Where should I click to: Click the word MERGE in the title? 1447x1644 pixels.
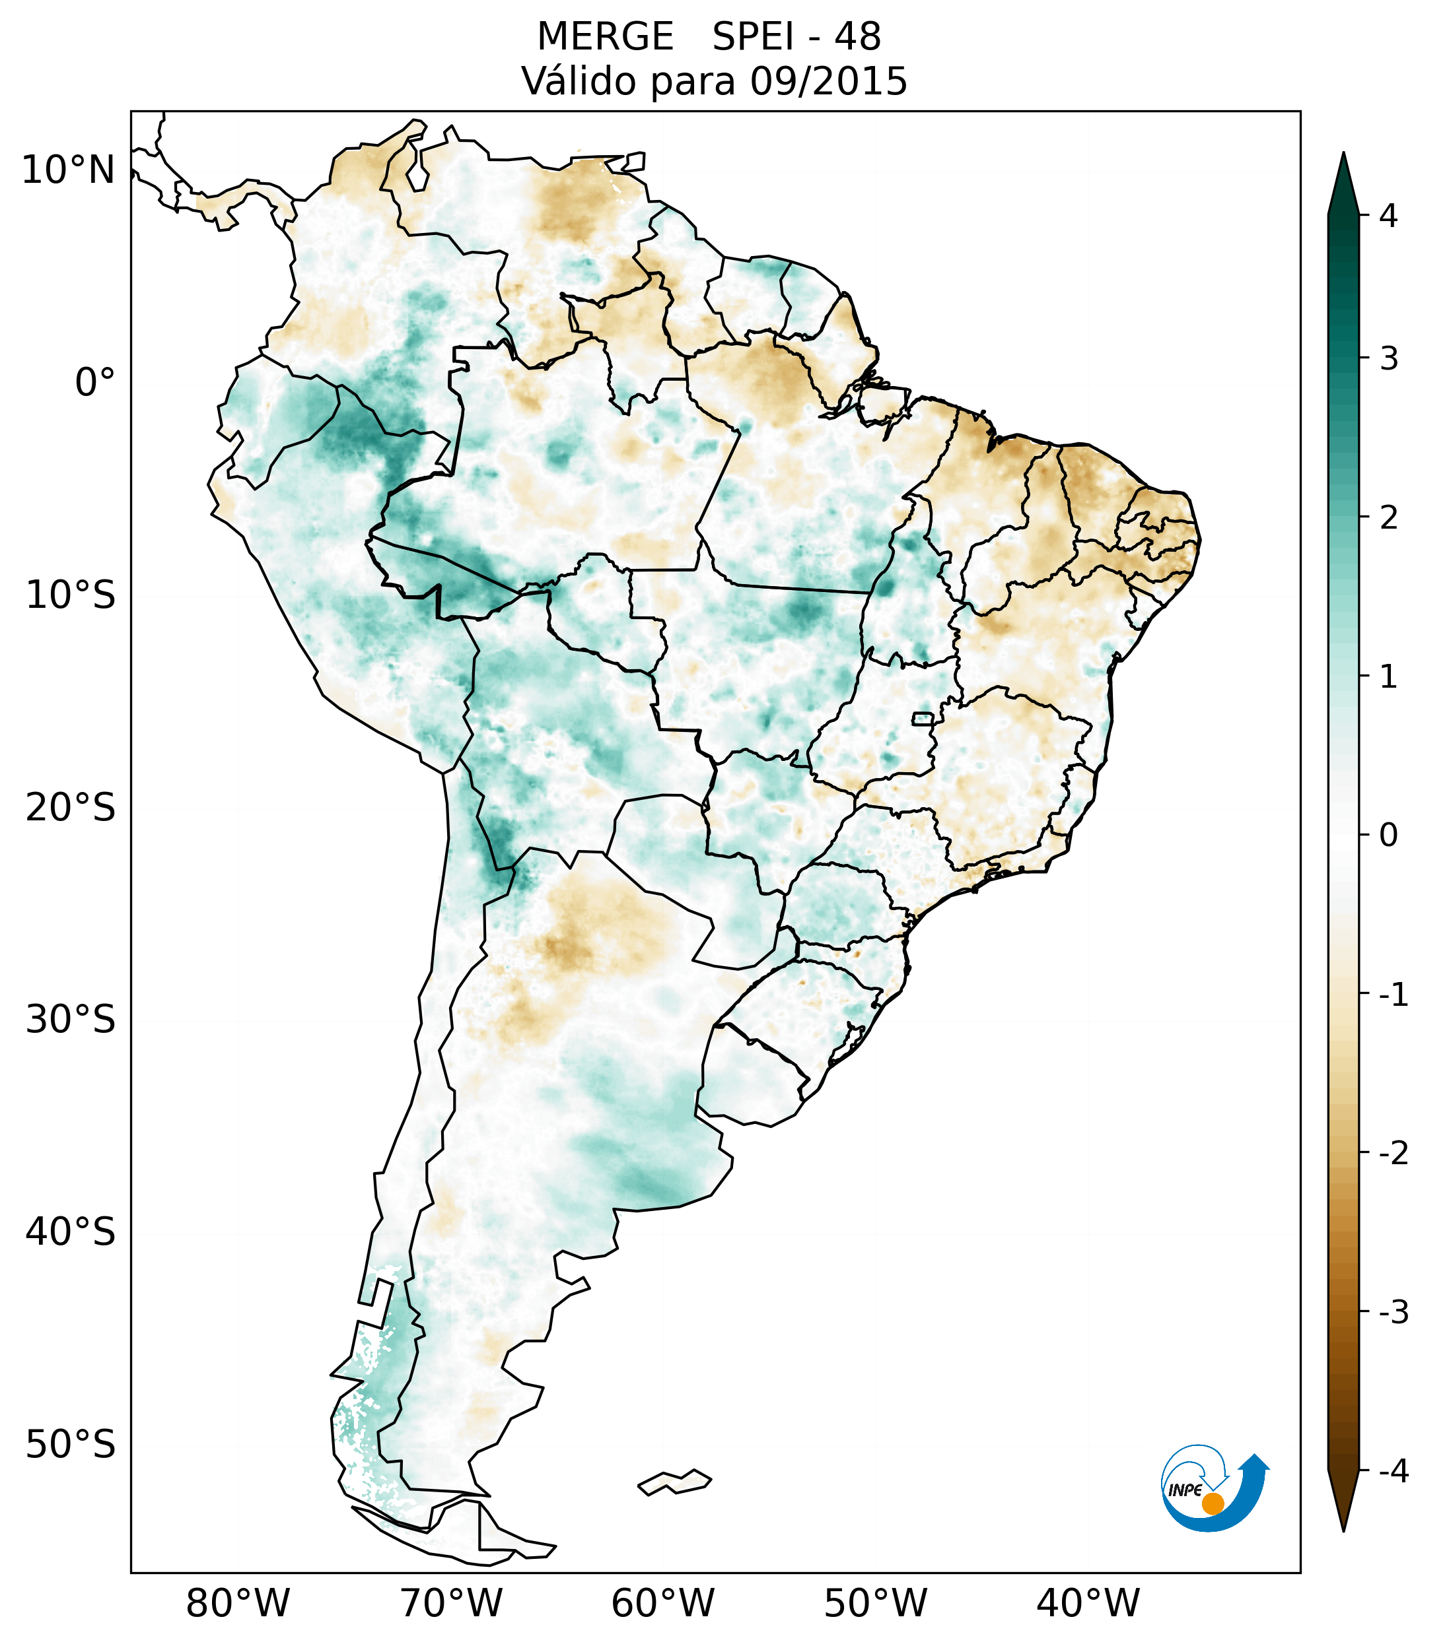(605, 37)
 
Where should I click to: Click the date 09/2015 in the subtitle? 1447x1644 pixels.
(828, 81)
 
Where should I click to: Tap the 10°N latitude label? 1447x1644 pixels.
(69, 170)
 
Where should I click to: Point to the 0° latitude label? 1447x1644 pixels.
(95, 383)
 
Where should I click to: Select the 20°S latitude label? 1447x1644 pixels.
(71, 808)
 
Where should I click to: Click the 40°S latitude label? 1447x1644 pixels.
(71, 1232)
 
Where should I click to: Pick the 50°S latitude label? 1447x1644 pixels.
(71, 1445)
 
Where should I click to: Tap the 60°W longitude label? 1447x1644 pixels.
(662, 1604)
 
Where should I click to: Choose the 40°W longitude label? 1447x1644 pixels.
(1088, 1604)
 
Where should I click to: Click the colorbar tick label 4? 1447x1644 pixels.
(1388, 216)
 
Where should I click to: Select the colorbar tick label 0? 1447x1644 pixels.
(1388, 835)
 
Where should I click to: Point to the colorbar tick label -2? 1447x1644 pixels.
(1393, 1154)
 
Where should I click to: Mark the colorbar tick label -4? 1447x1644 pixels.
(1393, 1472)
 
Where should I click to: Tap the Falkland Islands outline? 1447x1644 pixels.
(675, 1482)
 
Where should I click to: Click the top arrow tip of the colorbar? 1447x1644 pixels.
(1343, 155)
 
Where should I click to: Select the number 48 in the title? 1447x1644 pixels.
(858, 37)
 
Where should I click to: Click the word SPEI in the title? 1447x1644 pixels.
(752, 37)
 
